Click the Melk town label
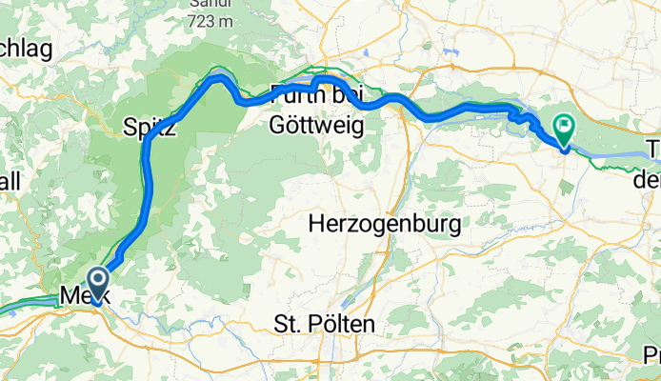85,296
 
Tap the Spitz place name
150,129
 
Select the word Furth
294,95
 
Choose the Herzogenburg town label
386,225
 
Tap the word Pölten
347,324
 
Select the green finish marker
564,127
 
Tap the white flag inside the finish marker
564,124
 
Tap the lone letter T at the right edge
653,150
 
